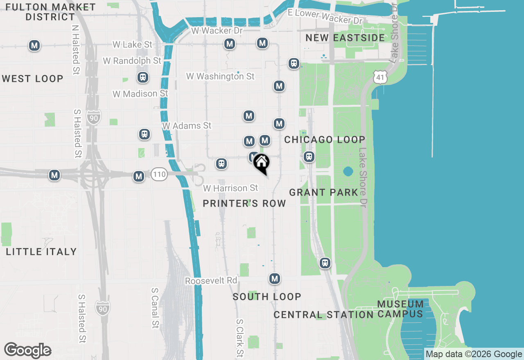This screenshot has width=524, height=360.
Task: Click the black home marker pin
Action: pyautogui.click(x=261, y=163)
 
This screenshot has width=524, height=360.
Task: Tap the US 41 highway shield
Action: pyautogui.click(x=380, y=76)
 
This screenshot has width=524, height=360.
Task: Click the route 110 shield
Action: pyautogui.click(x=159, y=175)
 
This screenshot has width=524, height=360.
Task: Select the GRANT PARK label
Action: pyautogui.click(x=323, y=192)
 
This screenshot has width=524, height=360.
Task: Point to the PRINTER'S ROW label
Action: pyautogui.click(x=244, y=203)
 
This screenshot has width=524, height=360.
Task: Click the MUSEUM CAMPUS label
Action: pyautogui.click(x=400, y=309)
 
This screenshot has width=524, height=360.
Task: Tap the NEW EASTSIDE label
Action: pyautogui.click(x=345, y=38)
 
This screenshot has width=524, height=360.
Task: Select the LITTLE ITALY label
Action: pyautogui.click(x=41, y=252)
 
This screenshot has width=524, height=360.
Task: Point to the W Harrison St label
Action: pyautogui.click(x=231, y=188)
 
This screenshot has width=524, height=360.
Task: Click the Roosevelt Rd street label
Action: pyautogui.click(x=211, y=281)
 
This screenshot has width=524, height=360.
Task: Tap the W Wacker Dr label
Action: pyautogui.click(x=217, y=31)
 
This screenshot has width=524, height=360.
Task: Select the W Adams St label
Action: pyautogui.click(x=187, y=126)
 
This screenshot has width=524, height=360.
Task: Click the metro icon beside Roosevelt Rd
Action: pyautogui.click(x=275, y=279)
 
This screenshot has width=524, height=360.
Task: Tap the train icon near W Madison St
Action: pyautogui.click(x=143, y=77)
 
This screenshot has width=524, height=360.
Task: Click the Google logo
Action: pyautogui.click(x=27, y=350)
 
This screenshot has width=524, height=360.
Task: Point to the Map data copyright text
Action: pyautogui.click(x=474, y=354)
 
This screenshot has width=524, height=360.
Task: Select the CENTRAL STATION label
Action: pyautogui.click(x=323, y=315)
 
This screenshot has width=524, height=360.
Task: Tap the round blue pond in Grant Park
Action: pyautogui.click(x=348, y=171)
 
